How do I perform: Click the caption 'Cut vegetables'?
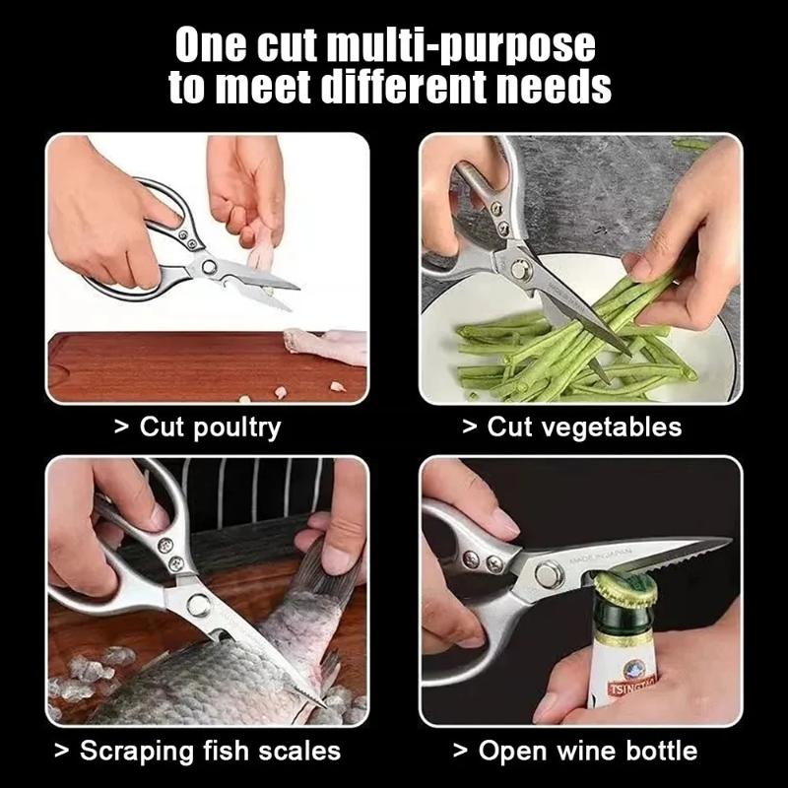click(571, 427)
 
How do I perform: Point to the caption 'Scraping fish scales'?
click(197, 751)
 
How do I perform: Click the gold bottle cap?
click(626, 589)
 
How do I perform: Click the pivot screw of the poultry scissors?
click(210, 266)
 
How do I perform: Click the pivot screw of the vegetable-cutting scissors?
click(520, 266)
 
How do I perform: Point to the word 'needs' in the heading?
click(557, 88)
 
